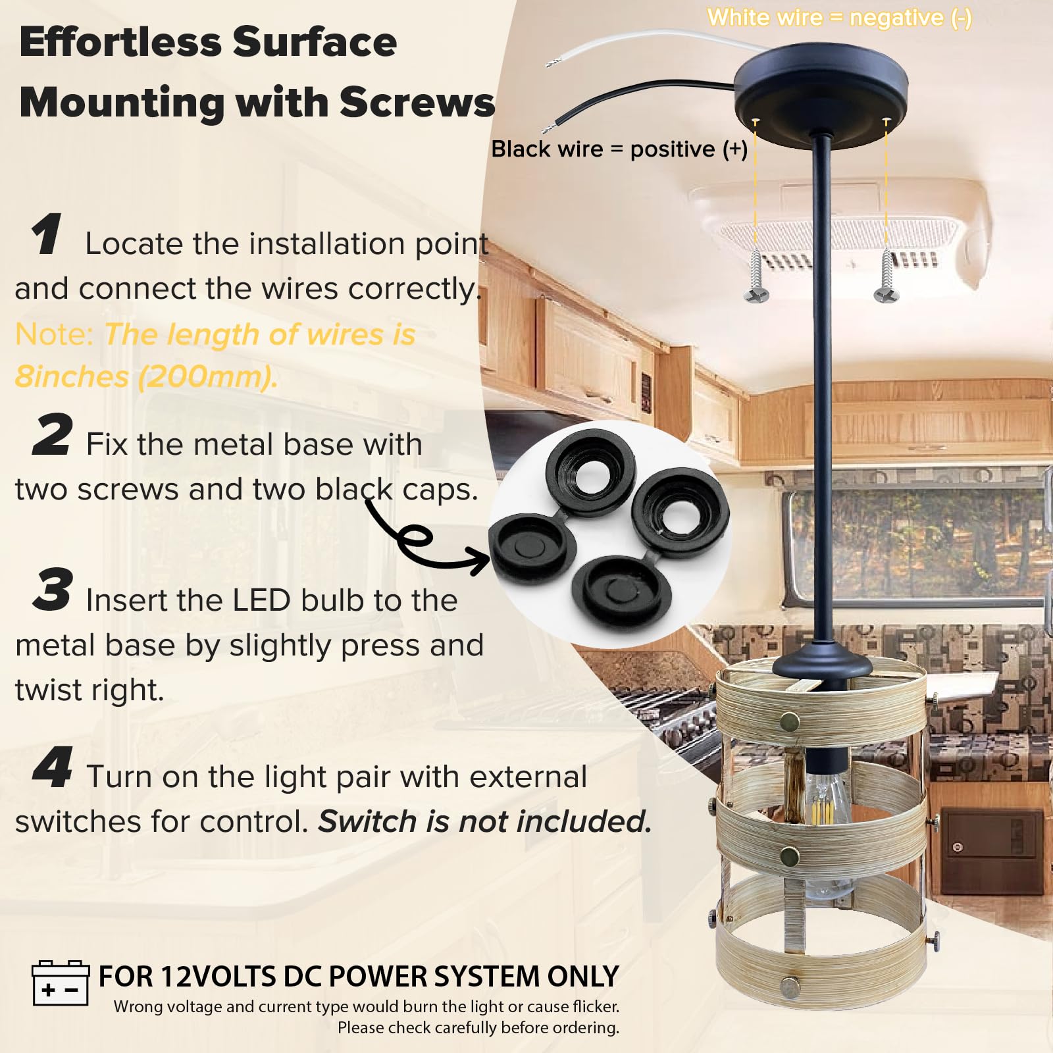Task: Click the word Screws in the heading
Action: click(x=417, y=103)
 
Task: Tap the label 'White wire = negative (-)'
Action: click(x=839, y=18)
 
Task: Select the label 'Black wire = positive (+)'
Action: click(x=619, y=149)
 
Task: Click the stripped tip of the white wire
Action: click(x=552, y=63)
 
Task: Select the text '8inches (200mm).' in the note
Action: click(x=146, y=377)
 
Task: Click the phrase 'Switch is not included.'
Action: click(x=484, y=821)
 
